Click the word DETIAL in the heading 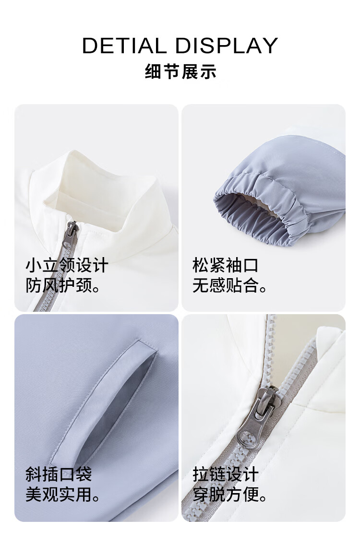(x=124, y=46)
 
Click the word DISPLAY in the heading (x=227, y=46)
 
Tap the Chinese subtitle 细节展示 (x=180, y=72)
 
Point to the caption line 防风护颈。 (x=63, y=285)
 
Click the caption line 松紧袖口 (x=226, y=265)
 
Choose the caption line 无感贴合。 (x=229, y=285)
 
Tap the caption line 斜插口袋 (x=59, y=474)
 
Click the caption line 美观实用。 (x=63, y=495)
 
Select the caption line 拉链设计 (x=226, y=474)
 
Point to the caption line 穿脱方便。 (x=229, y=495)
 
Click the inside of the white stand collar (x=100, y=194)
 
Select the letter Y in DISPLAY (x=270, y=46)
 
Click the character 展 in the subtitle (x=190, y=72)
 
